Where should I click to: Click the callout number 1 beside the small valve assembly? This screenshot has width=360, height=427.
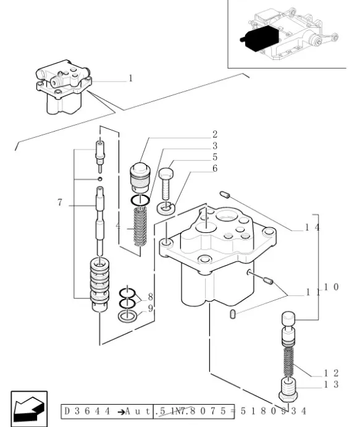click(x=130, y=78)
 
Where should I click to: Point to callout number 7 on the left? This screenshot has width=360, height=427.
click(x=60, y=203)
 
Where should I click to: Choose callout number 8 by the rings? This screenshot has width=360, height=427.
click(x=149, y=297)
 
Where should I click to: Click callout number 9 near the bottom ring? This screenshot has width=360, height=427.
click(x=149, y=308)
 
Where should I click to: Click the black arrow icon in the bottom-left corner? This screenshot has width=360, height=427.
click(x=28, y=408)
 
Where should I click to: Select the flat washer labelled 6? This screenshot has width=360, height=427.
click(x=164, y=208)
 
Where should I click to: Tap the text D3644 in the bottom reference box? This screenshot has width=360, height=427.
click(x=84, y=410)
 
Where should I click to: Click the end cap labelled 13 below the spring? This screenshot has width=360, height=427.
click(x=288, y=389)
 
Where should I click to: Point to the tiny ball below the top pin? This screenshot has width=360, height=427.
click(x=99, y=179)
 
